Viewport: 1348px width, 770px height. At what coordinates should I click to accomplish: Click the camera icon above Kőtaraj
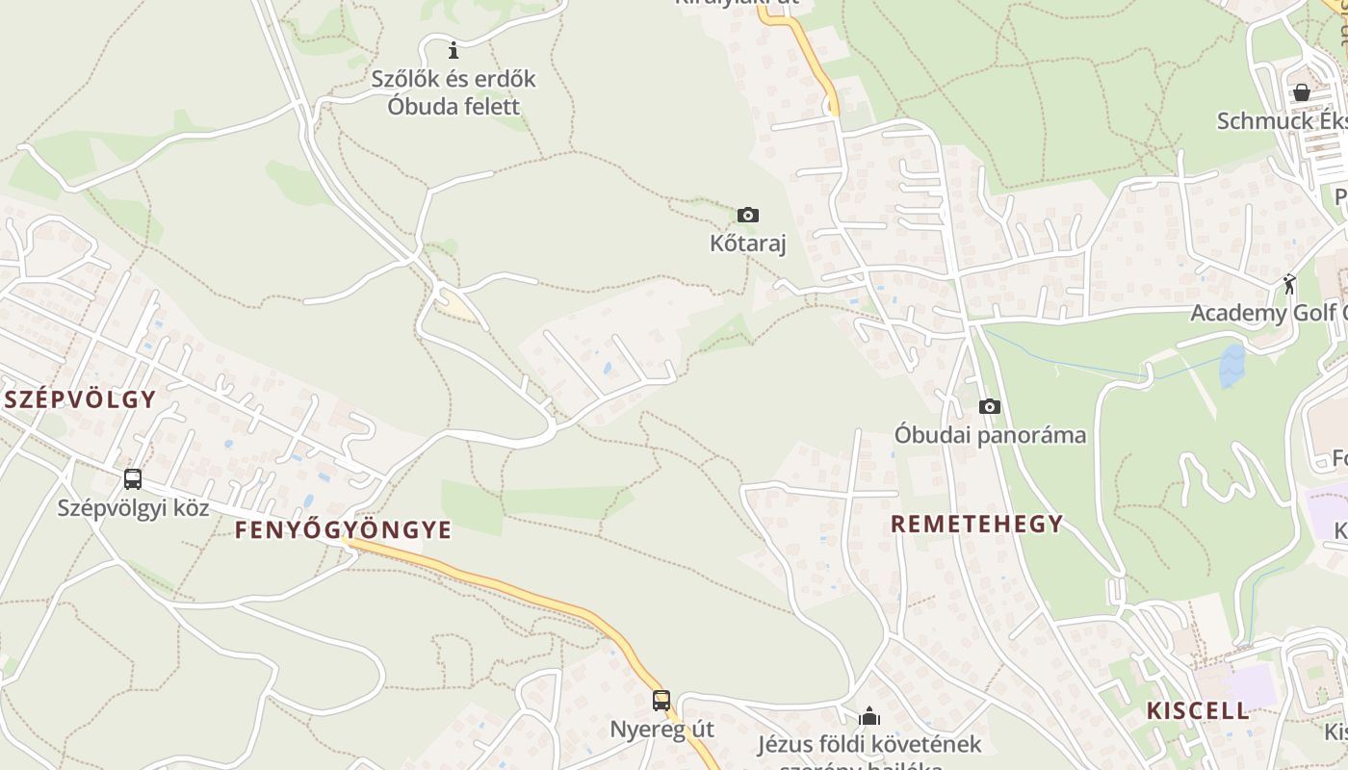click(x=747, y=215)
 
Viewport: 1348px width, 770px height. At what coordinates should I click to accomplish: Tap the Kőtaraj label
click(x=748, y=244)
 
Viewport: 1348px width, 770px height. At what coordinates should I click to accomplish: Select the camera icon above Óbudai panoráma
click(x=989, y=407)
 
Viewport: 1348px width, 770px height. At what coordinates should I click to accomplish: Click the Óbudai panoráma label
click(x=990, y=435)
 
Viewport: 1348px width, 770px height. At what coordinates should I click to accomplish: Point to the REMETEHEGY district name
click(x=976, y=525)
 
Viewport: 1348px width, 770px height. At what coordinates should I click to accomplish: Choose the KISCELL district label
click(x=1197, y=711)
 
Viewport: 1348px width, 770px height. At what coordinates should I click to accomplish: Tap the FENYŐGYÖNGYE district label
click(x=343, y=530)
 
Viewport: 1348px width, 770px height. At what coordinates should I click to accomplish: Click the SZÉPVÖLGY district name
click(x=79, y=399)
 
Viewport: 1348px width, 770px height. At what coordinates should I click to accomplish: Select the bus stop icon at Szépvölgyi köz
click(x=133, y=478)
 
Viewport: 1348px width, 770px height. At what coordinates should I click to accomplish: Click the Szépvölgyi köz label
click(x=133, y=507)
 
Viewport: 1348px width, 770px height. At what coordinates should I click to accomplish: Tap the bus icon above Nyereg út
click(x=661, y=701)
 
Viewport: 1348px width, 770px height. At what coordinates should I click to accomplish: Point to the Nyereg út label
click(x=662, y=729)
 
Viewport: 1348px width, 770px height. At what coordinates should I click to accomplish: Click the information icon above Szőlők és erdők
click(x=454, y=50)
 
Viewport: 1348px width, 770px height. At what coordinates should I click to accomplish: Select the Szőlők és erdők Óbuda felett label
click(x=454, y=92)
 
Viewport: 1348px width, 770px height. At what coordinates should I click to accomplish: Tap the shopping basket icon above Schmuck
click(x=1302, y=92)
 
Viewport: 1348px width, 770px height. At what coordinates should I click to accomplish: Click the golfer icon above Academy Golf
click(x=1289, y=284)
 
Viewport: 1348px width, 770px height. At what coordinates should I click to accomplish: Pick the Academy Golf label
click(x=1266, y=313)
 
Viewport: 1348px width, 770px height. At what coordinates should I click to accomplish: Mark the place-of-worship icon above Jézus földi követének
click(x=869, y=716)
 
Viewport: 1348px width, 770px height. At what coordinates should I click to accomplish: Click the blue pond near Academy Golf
click(x=1231, y=366)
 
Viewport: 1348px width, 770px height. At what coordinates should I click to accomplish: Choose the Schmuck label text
click(x=1281, y=121)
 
